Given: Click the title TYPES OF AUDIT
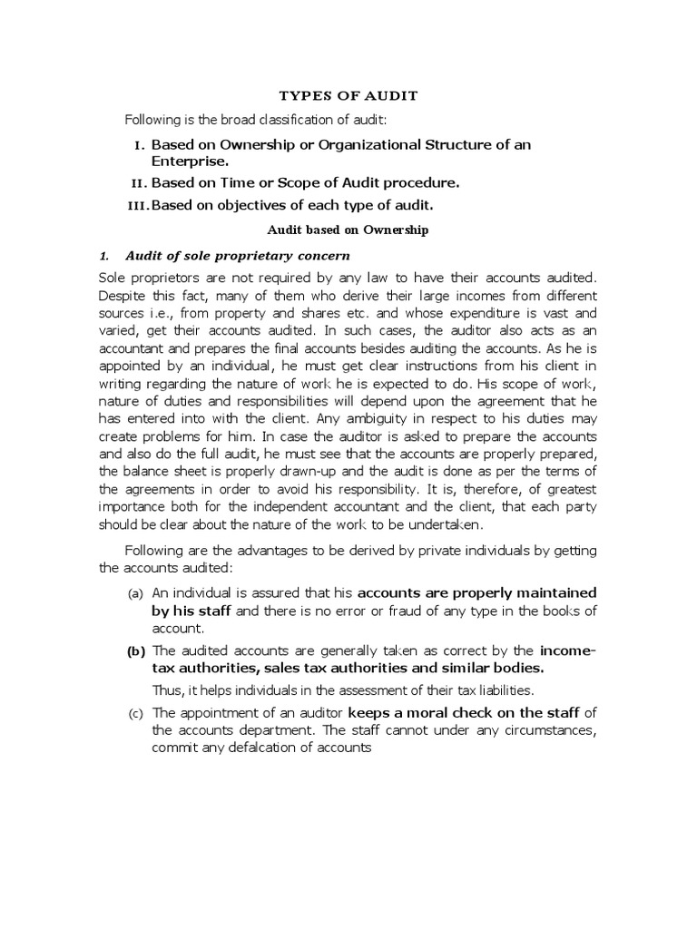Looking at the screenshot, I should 348,95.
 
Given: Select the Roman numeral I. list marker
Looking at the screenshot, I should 138,145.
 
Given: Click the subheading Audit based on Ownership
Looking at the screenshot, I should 348,230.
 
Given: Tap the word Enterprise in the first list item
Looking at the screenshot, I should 188,161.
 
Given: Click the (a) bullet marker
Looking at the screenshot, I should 134,593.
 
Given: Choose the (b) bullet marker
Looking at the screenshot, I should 135,651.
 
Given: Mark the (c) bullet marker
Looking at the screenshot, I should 134,713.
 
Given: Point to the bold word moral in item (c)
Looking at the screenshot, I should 448,712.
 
